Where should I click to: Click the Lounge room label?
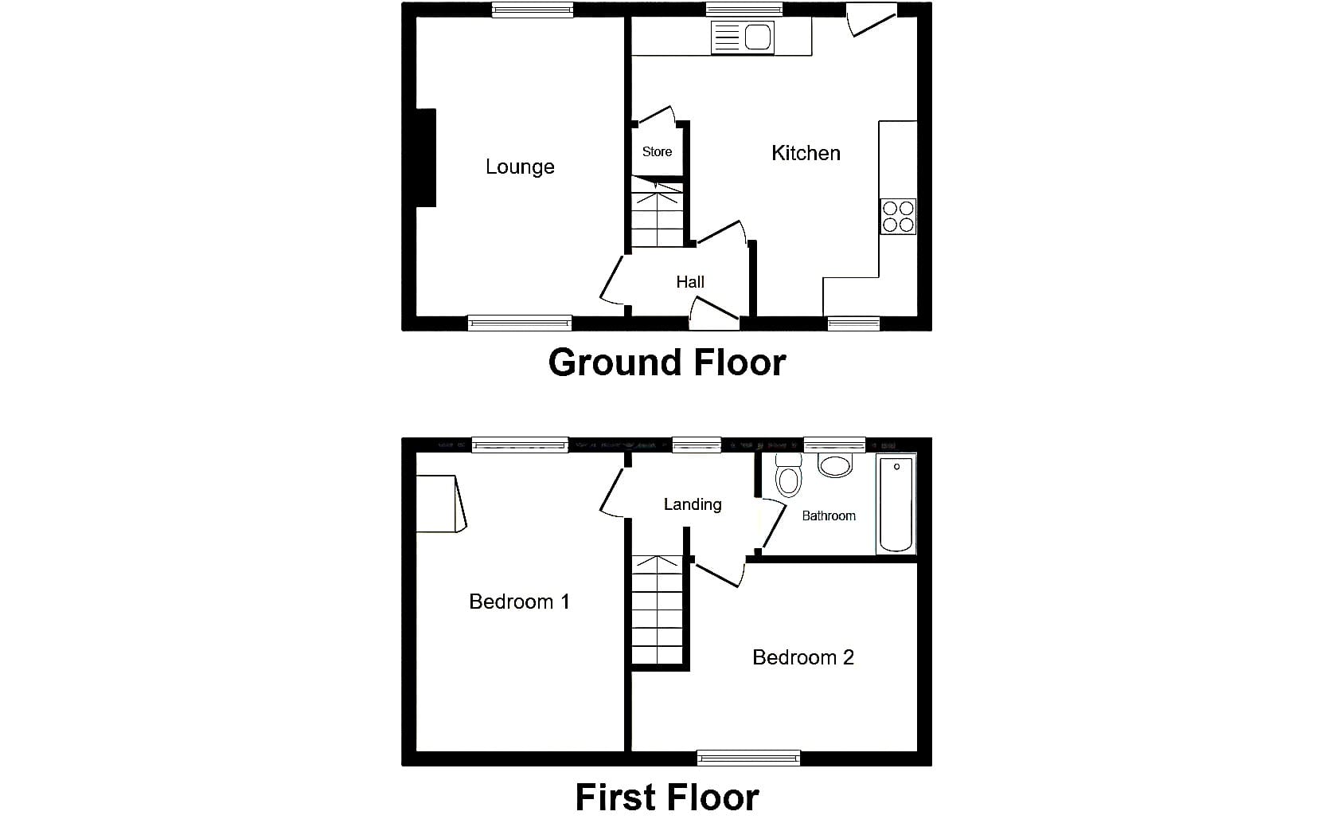point(520,167)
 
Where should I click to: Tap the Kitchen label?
point(806,154)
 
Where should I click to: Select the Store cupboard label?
point(657,151)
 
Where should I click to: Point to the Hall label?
point(690,282)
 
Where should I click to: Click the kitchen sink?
point(743,37)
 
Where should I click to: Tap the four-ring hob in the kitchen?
point(898,217)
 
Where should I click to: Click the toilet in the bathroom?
point(789,475)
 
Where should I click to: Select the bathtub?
point(896,504)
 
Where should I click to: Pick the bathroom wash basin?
point(835,465)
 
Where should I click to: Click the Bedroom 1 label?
point(519,602)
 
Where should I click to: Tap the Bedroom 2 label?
point(802,657)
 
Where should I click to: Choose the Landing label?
point(693,505)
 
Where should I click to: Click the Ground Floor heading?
point(666,363)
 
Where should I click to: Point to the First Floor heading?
point(666,798)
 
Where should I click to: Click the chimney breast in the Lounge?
point(426,158)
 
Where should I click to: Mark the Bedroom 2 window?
point(748,758)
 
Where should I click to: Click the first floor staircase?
point(658,609)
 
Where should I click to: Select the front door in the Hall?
point(714,313)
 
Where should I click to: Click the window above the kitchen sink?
point(744,9)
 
